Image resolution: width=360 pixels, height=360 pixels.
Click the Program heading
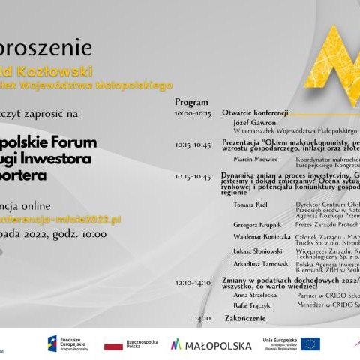pyautogui.click(x=186, y=100)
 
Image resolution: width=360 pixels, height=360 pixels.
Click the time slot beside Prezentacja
pyautogui.click(x=193, y=145)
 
